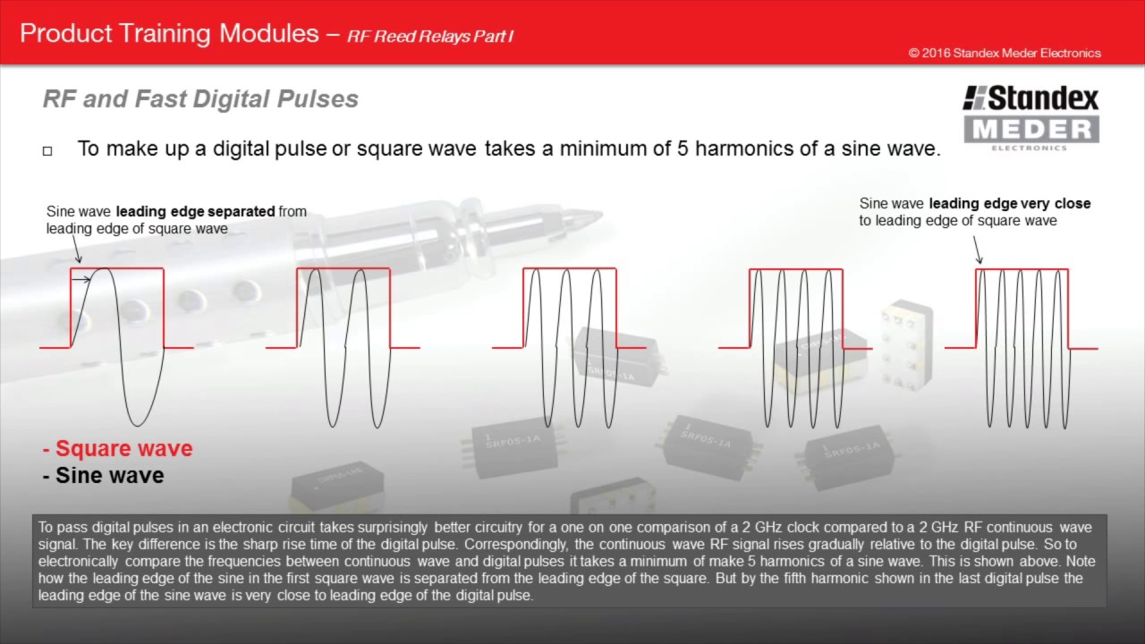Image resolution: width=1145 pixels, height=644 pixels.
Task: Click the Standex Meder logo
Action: [1030, 117]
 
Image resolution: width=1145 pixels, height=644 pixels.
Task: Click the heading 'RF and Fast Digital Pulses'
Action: [200, 98]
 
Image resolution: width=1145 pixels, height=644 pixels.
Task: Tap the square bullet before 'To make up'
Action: [47, 151]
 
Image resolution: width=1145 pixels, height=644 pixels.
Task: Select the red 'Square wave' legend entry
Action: [117, 449]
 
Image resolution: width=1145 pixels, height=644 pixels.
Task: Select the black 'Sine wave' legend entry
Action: [103, 476]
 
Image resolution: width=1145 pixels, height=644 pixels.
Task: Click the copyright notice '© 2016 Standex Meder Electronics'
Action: [1004, 53]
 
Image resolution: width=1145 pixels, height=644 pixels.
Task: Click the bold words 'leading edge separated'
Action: [195, 212]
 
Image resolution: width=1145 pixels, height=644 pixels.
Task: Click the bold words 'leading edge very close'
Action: [1009, 204]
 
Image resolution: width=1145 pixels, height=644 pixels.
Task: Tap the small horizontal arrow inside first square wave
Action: [81, 280]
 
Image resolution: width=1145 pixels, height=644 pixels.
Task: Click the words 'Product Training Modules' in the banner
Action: [169, 34]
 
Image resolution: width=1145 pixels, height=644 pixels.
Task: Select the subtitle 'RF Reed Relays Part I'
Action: [430, 37]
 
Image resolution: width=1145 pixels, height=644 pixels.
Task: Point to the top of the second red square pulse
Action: [343, 268]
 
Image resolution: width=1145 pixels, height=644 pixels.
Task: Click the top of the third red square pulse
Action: [570, 268]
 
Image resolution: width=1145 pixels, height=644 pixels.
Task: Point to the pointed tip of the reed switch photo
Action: [598, 216]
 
